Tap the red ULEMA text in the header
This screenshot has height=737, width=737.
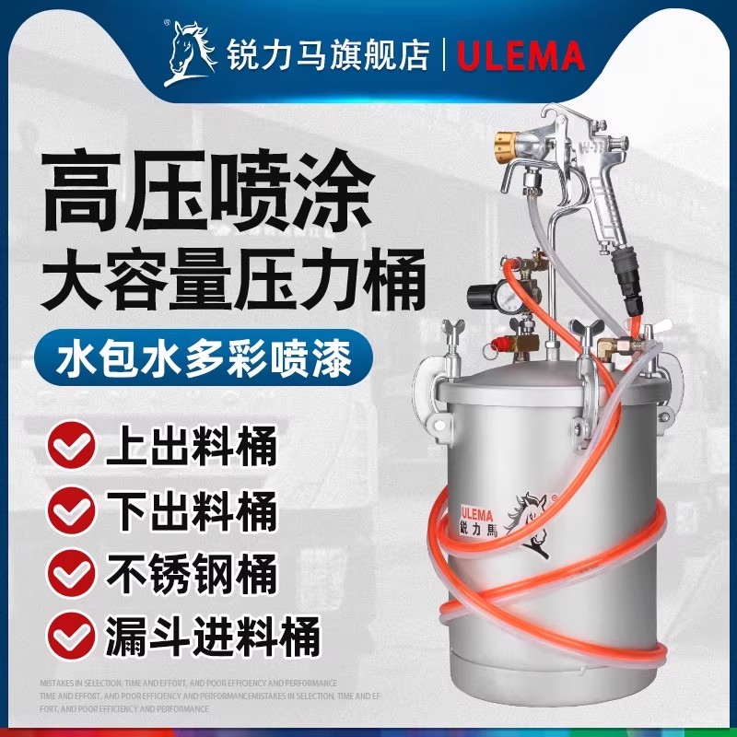[521, 56]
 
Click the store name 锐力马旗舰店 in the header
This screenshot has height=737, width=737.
[327, 55]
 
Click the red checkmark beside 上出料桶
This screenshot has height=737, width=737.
[71, 450]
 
